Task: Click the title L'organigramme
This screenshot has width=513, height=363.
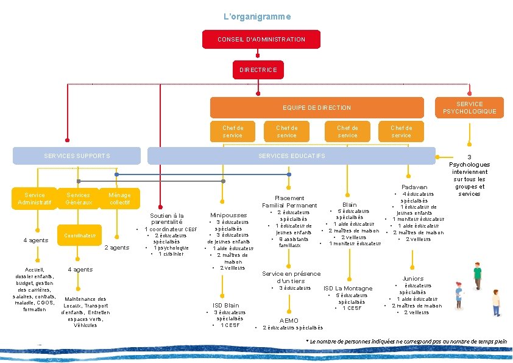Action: tap(256, 16)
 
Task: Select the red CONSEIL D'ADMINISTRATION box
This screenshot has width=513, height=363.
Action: tap(261, 40)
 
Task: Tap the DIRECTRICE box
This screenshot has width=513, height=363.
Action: tap(258, 70)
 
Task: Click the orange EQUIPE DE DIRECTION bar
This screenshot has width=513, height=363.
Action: tap(317, 108)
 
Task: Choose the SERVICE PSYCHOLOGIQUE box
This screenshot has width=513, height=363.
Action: tap(469, 108)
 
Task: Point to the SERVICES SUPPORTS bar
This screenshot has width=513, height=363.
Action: tap(77, 156)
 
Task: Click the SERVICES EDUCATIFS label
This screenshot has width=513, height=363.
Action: tap(292, 156)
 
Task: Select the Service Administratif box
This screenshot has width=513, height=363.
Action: tap(35, 199)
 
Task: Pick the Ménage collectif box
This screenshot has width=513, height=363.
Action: tap(119, 199)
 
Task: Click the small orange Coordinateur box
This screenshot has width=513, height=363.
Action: tap(79, 235)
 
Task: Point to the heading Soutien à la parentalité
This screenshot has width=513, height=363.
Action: tap(167, 218)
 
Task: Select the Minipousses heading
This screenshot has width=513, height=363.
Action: tap(228, 215)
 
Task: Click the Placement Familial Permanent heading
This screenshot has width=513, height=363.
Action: tap(289, 201)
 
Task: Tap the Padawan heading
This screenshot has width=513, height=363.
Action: tap(414, 187)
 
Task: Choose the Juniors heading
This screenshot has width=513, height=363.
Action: tap(412, 279)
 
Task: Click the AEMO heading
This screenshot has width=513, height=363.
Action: tap(289, 320)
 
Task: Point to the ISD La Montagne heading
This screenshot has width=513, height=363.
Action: tap(348, 288)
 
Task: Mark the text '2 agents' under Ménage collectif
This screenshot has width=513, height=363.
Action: tap(117, 248)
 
